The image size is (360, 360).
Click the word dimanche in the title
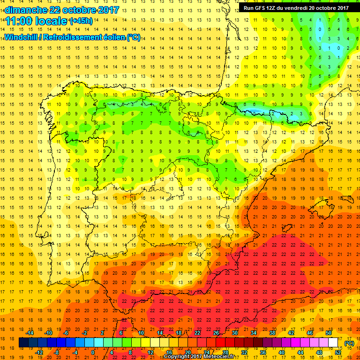(x=24, y=10)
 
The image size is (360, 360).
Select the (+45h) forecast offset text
(x=81, y=21)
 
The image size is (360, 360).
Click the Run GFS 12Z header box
(x=296, y=7)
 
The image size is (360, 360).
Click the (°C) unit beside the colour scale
(x=349, y=343)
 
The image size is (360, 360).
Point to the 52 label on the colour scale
(x=338, y=352)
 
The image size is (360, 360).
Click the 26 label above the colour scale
(x=216, y=333)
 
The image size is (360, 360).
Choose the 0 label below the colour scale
(x=93, y=352)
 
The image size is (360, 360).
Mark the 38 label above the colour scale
(x=272, y=333)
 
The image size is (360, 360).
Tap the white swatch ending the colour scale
(x=333, y=343)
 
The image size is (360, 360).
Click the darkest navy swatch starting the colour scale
(x=24, y=343)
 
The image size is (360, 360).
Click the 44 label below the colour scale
(x=300, y=352)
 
